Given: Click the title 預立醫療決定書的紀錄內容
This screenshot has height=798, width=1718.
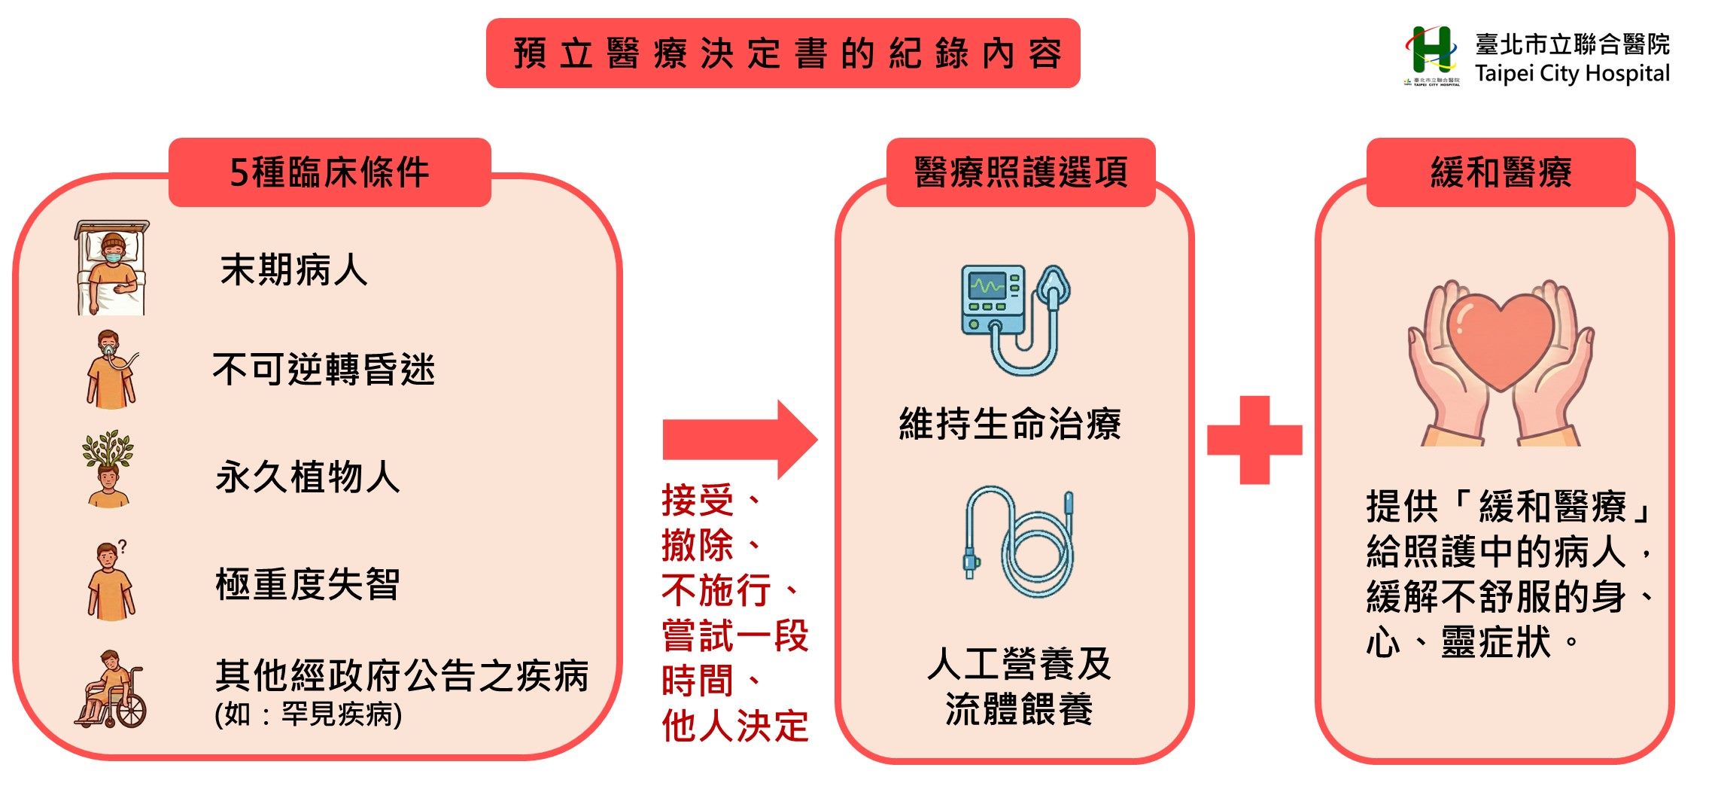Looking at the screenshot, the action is tap(787, 54).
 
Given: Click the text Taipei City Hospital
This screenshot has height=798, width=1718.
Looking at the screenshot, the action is tap(1572, 74).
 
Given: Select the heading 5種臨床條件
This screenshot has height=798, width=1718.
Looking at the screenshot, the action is tap(330, 172).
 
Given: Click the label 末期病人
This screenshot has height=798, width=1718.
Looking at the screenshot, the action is tap(294, 270).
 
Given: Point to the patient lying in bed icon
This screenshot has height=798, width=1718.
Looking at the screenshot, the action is tap(111, 268).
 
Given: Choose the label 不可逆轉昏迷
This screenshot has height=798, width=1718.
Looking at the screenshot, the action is tap(324, 370).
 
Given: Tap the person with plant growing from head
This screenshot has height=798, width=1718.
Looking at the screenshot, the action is tap(108, 469).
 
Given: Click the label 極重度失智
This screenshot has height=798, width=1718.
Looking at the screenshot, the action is tap(308, 584).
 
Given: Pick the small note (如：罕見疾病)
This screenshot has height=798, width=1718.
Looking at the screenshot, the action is tap(309, 714).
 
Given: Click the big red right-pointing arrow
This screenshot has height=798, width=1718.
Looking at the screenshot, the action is tap(740, 440).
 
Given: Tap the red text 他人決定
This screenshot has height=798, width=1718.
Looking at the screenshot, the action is tap(735, 726).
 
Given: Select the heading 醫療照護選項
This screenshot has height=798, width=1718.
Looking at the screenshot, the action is tap(1021, 172).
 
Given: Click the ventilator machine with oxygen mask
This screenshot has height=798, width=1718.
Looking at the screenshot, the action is tap(1016, 320).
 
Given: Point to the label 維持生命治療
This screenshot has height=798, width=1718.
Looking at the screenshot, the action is tap(1011, 423).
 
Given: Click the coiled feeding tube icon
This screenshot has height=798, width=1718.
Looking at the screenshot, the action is tap(1019, 542).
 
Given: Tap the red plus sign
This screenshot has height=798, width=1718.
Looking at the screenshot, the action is tap(1254, 440).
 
